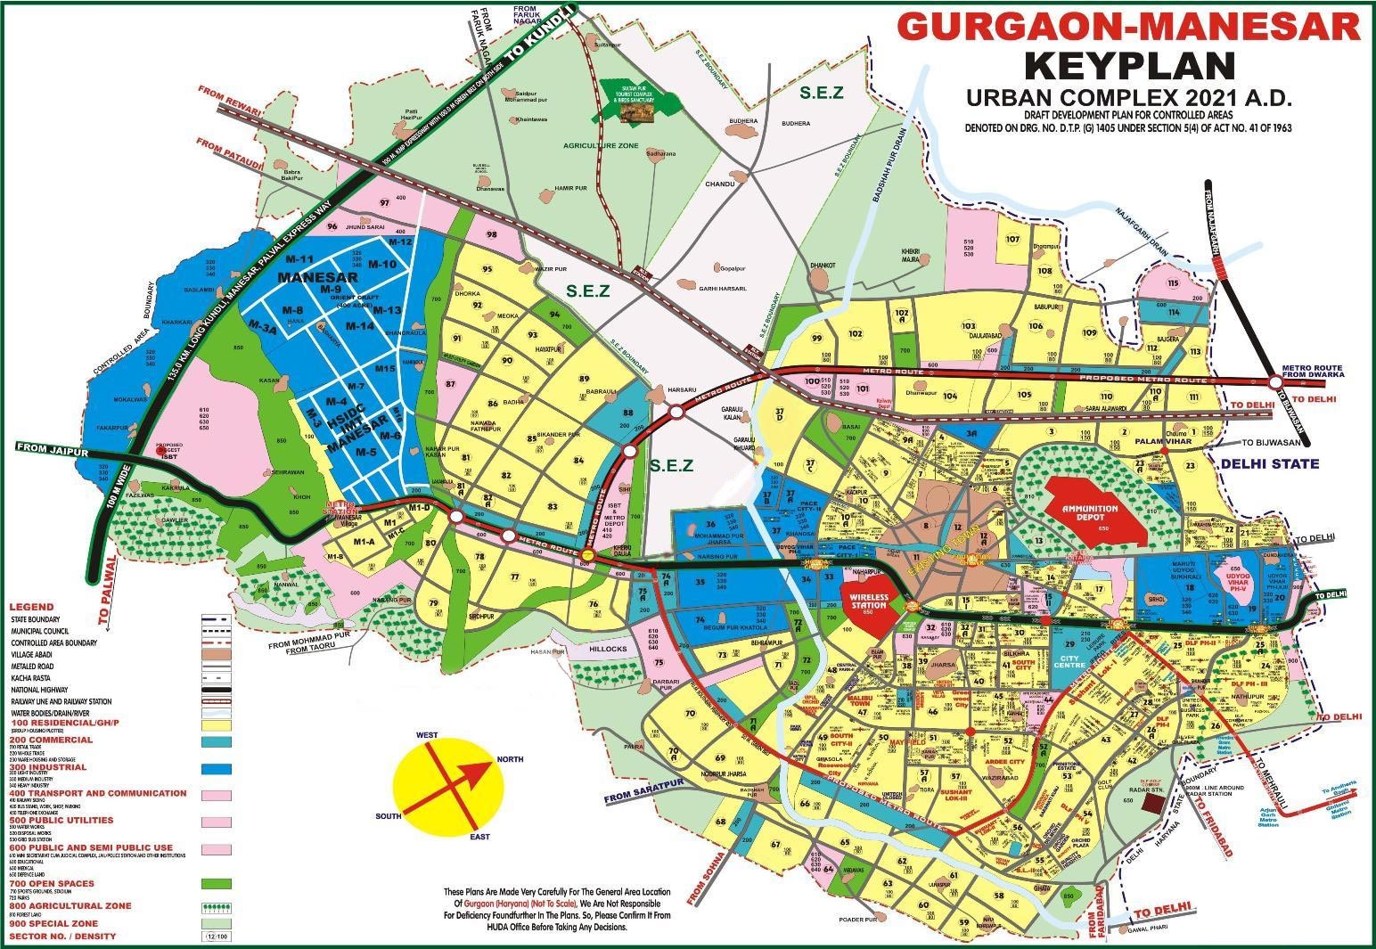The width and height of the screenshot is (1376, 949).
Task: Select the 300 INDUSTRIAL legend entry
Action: (48, 766)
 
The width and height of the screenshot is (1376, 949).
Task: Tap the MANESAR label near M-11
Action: (305, 277)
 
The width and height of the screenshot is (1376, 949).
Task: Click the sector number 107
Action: (1012, 239)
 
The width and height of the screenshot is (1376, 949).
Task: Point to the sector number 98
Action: (491, 234)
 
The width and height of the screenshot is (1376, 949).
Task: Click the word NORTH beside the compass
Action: (511, 758)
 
